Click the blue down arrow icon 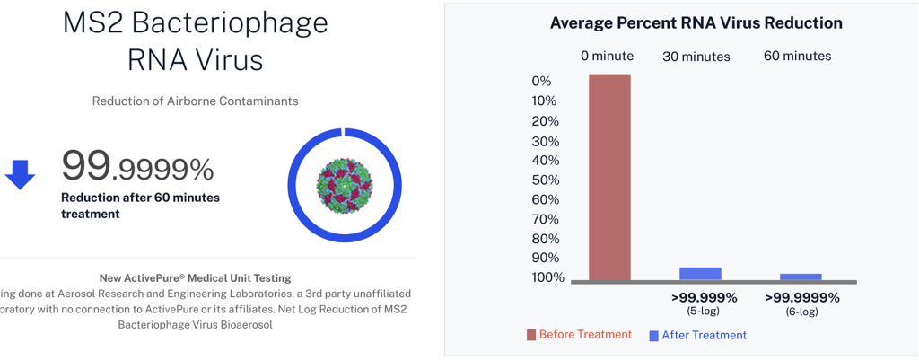click(x=20, y=173)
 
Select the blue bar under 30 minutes click(x=700, y=274)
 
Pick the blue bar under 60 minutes click(x=801, y=277)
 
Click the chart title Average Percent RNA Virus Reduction click(x=696, y=22)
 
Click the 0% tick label click(x=541, y=82)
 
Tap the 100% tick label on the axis click(x=547, y=277)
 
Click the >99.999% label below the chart click(x=704, y=297)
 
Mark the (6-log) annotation click(x=802, y=312)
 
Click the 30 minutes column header click(x=696, y=57)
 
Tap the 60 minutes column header click(x=797, y=56)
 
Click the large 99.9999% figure click(x=137, y=165)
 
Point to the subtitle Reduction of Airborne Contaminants click(x=195, y=101)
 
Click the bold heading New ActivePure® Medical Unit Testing click(x=195, y=278)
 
